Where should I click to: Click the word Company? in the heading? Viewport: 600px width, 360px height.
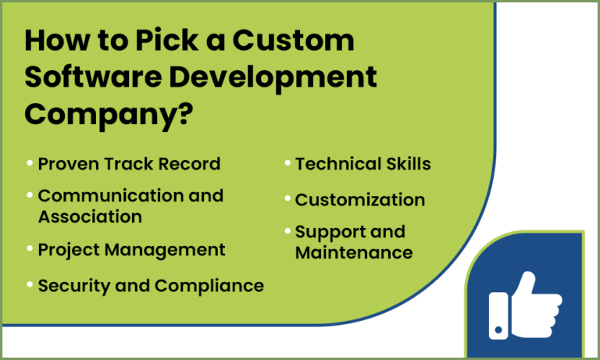point(109,114)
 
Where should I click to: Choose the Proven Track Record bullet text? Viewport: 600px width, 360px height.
point(129,164)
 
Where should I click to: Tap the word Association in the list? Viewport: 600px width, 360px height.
point(90,216)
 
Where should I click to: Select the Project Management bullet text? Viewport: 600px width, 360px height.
point(131,250)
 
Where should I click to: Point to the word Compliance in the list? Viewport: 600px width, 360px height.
point(209,286)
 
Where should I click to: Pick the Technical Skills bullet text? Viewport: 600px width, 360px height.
point(362,164)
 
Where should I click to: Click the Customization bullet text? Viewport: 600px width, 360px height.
point(359,200)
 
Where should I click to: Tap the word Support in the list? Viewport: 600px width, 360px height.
point(332,232)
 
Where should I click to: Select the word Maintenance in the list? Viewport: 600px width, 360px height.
point(353,253)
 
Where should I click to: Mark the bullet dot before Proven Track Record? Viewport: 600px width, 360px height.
point(30,163)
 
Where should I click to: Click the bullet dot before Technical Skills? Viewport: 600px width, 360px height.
point(287,163)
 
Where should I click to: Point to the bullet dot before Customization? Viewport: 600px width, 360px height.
point(287,198)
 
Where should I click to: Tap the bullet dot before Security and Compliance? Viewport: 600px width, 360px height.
point(30,284)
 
